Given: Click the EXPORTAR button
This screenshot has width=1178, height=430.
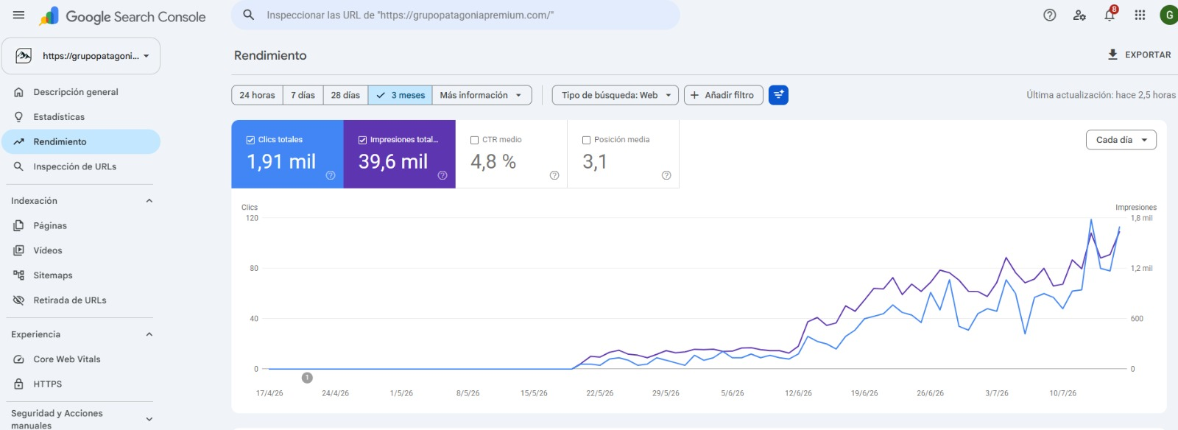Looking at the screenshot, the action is click(1139, 54).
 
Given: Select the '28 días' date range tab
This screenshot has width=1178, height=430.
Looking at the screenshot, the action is click(345, 95).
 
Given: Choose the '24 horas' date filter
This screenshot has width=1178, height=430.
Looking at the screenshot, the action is click(257, 95).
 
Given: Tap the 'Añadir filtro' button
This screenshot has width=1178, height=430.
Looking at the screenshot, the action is click(723, 95).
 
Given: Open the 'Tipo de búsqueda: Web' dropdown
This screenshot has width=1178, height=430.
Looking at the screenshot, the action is click(615, 95).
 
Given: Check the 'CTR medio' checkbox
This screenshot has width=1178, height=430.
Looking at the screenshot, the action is click(474, 141).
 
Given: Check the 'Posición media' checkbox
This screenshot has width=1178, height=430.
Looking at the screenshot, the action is click(586, 141).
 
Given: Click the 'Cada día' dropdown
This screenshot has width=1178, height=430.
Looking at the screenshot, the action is click(1121, 140).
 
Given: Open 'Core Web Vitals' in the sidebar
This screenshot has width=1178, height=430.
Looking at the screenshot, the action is click(67, 359).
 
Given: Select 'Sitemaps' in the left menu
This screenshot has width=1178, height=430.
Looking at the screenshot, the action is click(52, 275).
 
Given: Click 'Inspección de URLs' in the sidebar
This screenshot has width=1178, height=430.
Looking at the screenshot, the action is click(74, 166).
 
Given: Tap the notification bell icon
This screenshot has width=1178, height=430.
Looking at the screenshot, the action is click(1109, 15).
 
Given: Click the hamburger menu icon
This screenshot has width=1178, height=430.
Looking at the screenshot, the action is click(18, 15).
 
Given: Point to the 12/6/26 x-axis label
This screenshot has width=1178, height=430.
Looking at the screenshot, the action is click(798, 393).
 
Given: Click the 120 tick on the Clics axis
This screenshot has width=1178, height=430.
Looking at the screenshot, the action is click(252, 218).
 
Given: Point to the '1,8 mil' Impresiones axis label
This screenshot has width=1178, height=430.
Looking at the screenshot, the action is click(1141, 218).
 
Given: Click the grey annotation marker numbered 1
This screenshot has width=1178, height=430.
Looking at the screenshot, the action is click(307, 378).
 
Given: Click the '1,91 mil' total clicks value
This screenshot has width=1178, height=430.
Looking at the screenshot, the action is click(281, 161).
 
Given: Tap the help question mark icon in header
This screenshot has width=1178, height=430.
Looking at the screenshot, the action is click(1049, 15).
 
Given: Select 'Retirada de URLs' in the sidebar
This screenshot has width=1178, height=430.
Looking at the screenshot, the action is click(69, 300).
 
